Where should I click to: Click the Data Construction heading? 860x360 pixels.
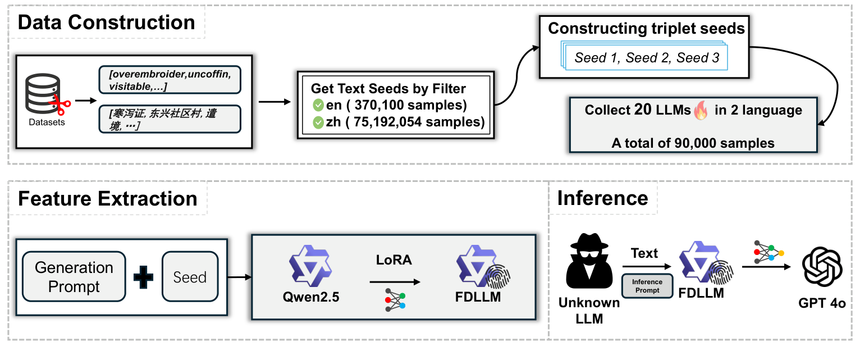(x=107, y=22)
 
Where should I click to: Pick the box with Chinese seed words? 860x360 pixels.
(x=170, y=120)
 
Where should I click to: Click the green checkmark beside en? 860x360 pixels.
(x=318, y=104)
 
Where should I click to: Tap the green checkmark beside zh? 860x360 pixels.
(x=318, y=121)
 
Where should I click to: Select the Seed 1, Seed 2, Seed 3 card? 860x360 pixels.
(x=648, y=58)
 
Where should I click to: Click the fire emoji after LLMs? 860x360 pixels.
(x=701, y=111)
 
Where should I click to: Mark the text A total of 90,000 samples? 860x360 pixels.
(x=693, y=143)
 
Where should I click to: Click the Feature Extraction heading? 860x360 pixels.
(x=108, y=199)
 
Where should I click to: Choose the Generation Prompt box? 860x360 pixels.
(x=74, y=277)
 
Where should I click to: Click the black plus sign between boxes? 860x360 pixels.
(x=143, y=277)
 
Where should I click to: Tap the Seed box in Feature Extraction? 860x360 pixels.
(x=190, y=277)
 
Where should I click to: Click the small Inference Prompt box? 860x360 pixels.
(x=647, y=285)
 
